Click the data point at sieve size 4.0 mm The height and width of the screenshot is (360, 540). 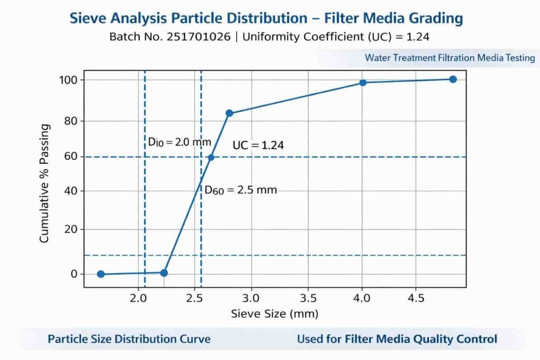[x=363, y=83]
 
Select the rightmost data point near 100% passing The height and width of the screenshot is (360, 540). [x=452, y=79]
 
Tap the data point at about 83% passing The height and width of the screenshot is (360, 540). [x=229, y=113]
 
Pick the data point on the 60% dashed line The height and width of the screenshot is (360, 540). [x=211, y=157]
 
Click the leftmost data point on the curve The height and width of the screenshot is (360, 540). [x=101, y=274]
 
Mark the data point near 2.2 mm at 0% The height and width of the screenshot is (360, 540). [x=164, y=273]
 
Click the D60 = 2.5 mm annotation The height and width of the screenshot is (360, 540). [x=240, y=190]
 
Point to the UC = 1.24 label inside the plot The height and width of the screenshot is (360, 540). [x=258, y=145]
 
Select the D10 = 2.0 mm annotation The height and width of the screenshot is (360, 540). [x=179, y=142]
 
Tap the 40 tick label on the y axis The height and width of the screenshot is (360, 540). [x=71, y=191]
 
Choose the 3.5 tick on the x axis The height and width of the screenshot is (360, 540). [x=308, y=298]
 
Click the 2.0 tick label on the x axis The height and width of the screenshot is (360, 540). [x=138, y=298]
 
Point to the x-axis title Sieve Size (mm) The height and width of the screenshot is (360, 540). [x=275, y=314]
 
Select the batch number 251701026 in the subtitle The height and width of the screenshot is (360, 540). [x=202, y=37]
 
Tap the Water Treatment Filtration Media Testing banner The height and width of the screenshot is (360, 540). [x=450, y=57]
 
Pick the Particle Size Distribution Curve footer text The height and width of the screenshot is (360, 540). [x=129, y=339]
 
